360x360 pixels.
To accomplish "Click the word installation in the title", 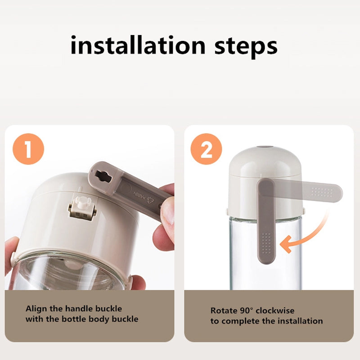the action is [138, 45].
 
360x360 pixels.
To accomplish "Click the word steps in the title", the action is [246, 48].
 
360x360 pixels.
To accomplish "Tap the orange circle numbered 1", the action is [28, 149].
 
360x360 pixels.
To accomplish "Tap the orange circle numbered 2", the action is [206, 149].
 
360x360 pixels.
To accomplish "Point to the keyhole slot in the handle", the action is [103, 176].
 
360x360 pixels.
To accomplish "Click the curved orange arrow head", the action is [286, 244].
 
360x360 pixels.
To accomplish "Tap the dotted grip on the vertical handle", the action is [266, 243].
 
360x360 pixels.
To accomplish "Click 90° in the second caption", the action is [246, 310].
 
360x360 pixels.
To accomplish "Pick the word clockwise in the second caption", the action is [275, 310].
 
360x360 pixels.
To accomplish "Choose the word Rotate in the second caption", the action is [224, 310].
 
